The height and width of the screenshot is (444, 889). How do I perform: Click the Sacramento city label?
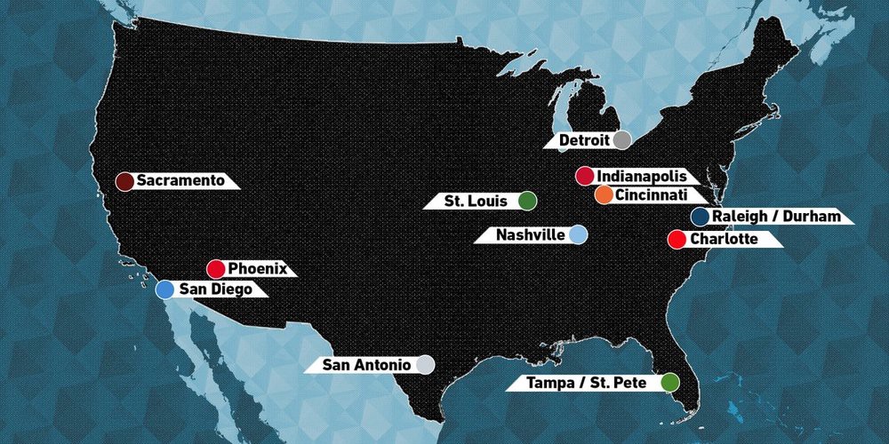coord(180,181)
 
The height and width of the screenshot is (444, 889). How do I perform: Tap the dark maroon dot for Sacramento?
coord(125,181)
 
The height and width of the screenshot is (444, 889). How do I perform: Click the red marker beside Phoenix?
coord(216,268)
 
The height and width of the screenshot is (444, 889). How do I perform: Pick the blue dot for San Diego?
coord(164,289)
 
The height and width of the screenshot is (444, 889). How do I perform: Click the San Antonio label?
coord(366,365)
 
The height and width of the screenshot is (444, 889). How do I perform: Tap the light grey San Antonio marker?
coord(425,365)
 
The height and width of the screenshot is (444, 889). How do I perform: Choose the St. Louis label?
coord(476,202)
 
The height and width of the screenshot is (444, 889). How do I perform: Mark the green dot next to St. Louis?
coord(527,201)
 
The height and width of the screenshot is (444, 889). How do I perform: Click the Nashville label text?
coord(531,235)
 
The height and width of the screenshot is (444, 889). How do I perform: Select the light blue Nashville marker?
coord(578,234)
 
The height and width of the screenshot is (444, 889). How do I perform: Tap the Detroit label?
coord(584,140)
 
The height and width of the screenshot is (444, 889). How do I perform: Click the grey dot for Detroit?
coord(622,140)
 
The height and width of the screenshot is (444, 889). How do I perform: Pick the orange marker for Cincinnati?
coord(603,195)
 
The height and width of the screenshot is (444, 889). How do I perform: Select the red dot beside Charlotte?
coord(677,239)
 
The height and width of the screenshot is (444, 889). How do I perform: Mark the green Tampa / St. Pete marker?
coord(669,382)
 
